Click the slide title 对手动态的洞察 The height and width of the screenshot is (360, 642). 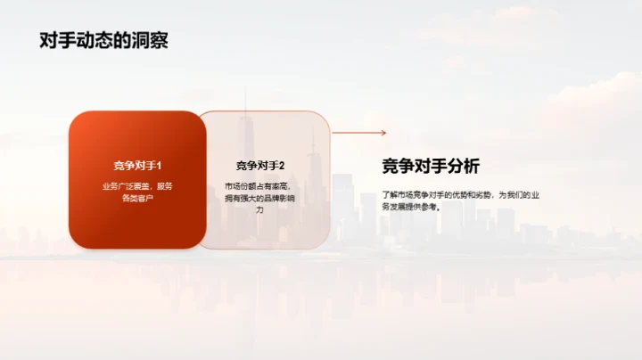pos(103,41)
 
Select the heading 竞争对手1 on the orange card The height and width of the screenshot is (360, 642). pos(137,166)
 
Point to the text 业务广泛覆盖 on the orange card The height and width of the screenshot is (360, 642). pos(126,186)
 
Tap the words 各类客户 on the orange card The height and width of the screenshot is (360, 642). pos(137,198)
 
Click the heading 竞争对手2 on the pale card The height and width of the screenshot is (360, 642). pos(259,166)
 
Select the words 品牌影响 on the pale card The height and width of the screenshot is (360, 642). pos(274,198)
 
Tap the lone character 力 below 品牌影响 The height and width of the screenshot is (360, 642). pos(259,209)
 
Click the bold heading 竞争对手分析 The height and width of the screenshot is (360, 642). pos(430,167)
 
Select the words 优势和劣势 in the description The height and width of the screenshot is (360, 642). pos(471,193)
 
